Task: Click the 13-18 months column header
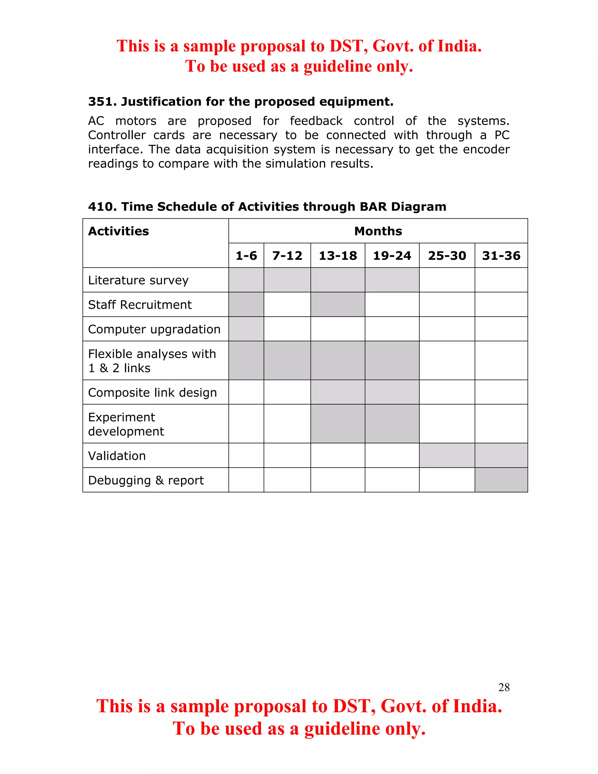click(x=338, y=256)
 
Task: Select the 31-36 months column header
click(x=501, y=256)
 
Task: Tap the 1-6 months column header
click(x=246, y=256)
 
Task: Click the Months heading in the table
click(x=378, y=231)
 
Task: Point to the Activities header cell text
click(x=118, y=231)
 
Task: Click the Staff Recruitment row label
click(x=140, y=305)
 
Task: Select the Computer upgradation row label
click(x=154, y=329)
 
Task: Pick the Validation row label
click(x=117, y=456)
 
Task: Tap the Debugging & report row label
click(x=146, y=480)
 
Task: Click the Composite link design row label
click(x=152, y=393)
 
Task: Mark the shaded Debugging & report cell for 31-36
click(x=501, y=480)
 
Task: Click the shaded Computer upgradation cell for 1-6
click(x=246, y=329)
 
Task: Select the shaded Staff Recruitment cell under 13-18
click(x=338, y=304)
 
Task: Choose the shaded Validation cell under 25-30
click(x=447, y=455)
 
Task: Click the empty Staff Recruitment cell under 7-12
click(x=287, y=304)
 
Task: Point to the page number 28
click(x=504, y=687)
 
